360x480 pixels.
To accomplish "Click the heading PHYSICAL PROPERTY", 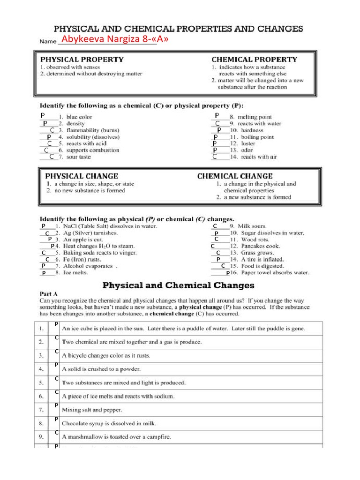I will [x=82, y=60].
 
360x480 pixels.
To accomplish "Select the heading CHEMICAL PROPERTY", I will [x=254, y=60].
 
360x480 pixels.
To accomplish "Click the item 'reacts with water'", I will [x=259, y=123].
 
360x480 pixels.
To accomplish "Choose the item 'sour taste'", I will [x=78, y=157].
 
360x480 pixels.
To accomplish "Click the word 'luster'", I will [x=248, y=143].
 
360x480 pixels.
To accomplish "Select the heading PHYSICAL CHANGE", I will [x=82, y=176].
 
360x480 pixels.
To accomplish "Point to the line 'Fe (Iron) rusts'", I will [x=82, y=259].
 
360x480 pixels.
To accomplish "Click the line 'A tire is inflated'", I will [x=262, y=259].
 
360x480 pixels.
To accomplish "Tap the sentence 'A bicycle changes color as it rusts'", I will [x=106, y=355].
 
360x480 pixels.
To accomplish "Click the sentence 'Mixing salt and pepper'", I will [x=92, y=410].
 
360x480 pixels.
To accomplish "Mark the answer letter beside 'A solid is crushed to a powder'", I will [x=56, y=365].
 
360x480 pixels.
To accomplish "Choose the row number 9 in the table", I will [x=42, y=437].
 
